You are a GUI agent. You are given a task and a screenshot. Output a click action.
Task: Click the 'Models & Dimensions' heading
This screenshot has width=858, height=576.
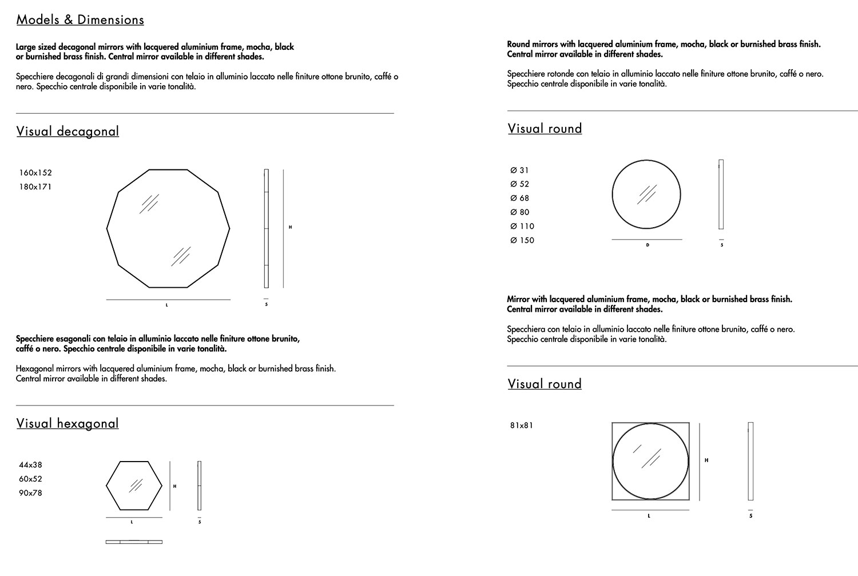click(x=80, y=20)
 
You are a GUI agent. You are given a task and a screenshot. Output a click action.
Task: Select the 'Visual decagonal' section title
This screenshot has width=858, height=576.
click(x=67, y=132)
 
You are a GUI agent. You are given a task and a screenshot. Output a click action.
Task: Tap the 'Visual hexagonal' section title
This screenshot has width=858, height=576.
click(x=67, y=424)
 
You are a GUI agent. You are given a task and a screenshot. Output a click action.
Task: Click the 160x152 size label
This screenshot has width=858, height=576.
click(x=35, y=173)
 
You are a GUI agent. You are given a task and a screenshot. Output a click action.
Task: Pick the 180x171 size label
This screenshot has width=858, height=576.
click(x=35, y=187)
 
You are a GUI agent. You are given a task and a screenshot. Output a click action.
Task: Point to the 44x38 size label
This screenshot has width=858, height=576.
click(x=31, y=465)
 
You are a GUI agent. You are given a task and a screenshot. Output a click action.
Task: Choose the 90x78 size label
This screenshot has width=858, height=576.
click(x=31, y=493)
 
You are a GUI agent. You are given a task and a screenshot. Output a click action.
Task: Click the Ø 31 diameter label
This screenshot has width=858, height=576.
click(x=519, y=170)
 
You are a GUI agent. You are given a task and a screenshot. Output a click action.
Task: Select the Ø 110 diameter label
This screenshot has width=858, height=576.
click(x=522, y=227)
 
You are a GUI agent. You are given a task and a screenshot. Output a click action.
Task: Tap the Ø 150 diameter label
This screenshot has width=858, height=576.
click(x=522, y=241)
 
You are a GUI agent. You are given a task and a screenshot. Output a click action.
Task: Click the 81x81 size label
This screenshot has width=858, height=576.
click(x=521, y=426)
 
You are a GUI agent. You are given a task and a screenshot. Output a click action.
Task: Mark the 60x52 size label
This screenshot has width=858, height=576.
click(x=31, y=479)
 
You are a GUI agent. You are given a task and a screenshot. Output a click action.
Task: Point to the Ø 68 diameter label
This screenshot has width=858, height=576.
click(x=519, y=198)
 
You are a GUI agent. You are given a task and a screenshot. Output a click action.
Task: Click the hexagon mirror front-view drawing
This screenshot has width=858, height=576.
click(x=134, y=486)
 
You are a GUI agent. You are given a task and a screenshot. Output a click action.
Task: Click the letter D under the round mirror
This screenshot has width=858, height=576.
click(x=648, y=245)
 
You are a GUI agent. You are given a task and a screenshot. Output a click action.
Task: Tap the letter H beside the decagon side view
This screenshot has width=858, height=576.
click(x=291, y=228)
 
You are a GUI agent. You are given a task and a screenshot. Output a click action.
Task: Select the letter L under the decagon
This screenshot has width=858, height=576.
click(x=167, y=305)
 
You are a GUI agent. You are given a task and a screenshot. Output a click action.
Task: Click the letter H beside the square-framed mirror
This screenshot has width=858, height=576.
click(x=706, y=460)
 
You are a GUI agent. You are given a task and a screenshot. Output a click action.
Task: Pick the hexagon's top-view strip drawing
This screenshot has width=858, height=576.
click(x=134, y=542)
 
